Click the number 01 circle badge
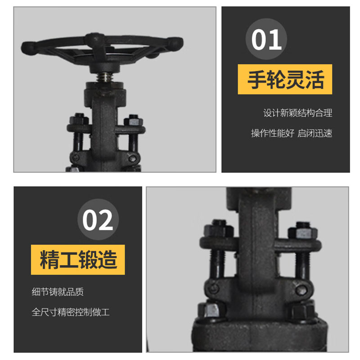click(x=266, y=39)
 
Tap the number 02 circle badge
click(x=98, y=220)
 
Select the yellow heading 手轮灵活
click(x=285, y=79)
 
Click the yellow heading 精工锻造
click(x=78, y=260)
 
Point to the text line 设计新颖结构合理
click(x=297, y=113)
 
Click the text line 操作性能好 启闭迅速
click(x=292, y=133)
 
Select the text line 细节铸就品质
click(x=58, y=292)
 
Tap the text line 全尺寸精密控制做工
click(x=71, y=312)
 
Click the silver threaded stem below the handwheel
click(x=104, y=77)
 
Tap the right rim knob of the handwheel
click(x=175, y=43)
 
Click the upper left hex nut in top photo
click(x=79, y=119)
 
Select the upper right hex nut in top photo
click(x=133, y=120)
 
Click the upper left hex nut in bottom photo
click(x=218, y=228)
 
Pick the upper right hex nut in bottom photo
click(x=303, y=230)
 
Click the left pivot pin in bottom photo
click(x=215, y=288)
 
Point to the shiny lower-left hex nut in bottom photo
click(x=211, y=309)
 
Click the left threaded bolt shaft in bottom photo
click(x=216, y=263)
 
